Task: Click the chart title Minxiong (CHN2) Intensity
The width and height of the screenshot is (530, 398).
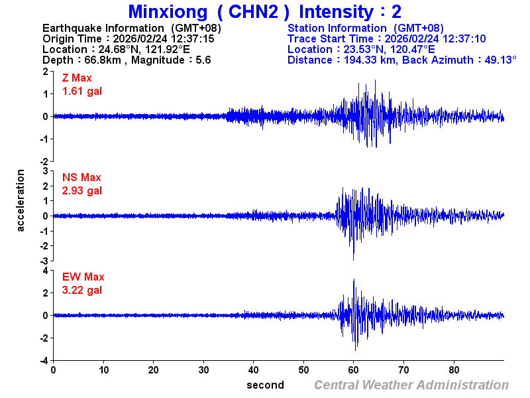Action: click(264, 11)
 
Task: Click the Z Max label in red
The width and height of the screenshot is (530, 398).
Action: click(77, 78)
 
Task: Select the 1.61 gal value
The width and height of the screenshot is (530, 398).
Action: click(82, 91)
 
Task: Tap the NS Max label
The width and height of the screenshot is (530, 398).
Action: click(81, 178)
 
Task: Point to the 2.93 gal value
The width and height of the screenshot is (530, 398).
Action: click(82, 190)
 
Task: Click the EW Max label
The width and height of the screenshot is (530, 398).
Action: click(83, 277)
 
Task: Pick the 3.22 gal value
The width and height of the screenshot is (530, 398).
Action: click(82, 290)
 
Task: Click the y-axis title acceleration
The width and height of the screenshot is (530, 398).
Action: click(21, 200)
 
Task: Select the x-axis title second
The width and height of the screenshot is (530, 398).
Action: click(265, 385)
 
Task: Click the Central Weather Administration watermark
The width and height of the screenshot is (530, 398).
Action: click(411, 385)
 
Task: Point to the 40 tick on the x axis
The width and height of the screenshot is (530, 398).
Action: click(254, 370)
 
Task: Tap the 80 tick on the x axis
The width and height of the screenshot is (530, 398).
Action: click(454, 370)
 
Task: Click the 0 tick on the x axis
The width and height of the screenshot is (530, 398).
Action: click(53, 370)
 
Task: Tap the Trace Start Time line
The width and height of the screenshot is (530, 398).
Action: click(386, 38)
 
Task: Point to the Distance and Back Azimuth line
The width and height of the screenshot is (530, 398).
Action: click(401, 60)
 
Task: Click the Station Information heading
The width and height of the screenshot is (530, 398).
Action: click(365, 28)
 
